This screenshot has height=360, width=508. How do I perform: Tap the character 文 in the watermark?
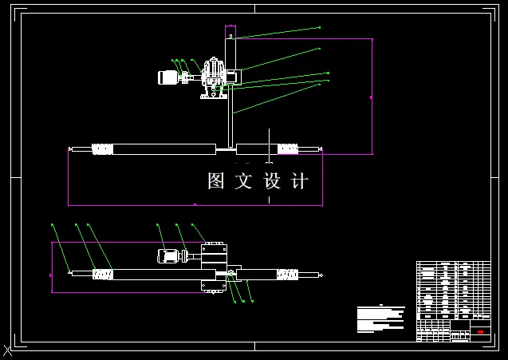tap(243, 181)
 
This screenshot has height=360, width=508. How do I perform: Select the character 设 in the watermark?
tap(272, 181)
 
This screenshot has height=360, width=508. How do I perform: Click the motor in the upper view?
tap(168, 77)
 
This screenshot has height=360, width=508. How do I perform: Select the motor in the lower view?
tap(168, 256)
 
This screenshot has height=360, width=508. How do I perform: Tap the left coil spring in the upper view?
tap(102, 148)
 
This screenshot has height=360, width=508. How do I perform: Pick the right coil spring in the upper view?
tap(287, 148)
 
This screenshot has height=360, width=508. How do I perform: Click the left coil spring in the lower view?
tap(102, 275)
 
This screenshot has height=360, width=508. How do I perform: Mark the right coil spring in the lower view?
tap(287, 275)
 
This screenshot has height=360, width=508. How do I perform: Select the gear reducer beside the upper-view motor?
tap(212, 77)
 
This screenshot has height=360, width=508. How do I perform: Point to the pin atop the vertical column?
tap(230, 33)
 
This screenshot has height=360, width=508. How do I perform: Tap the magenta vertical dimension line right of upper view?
tap(372, 96)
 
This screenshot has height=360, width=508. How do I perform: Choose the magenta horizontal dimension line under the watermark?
tap(195, 205)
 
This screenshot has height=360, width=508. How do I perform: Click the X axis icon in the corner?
tap(7, 350)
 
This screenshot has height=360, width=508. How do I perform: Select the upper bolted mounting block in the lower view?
tap(214, 251)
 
